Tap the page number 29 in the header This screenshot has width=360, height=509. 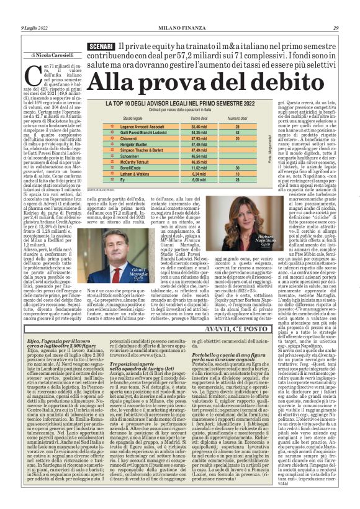(x=353, y=28)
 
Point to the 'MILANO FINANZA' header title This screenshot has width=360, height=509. (x=179, y=28)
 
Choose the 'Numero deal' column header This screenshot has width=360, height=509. (x=238, y=117)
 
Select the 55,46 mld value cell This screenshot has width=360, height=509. (x=199, y=126)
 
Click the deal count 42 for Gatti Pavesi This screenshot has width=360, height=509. (x=238, y=133)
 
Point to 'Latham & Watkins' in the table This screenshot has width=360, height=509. (x=137, y=174)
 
